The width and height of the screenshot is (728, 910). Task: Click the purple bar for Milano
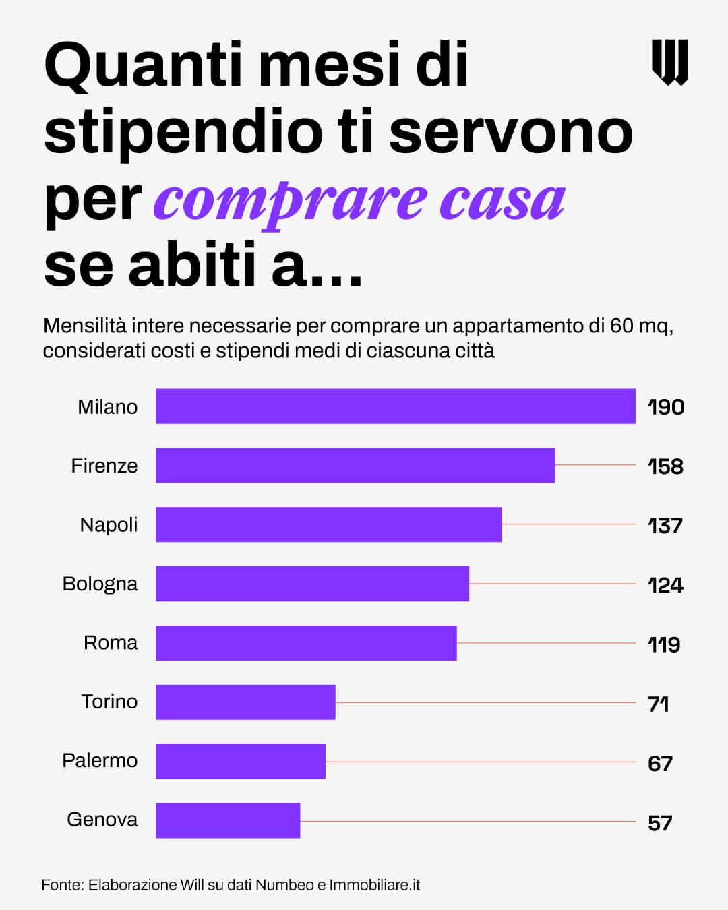click(x=396, y=406)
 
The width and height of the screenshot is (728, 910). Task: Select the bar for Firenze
click(x=355, y=465)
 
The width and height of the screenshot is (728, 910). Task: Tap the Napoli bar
click(x=329, y=524)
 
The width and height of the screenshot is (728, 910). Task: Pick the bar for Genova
click(x=228, y=820)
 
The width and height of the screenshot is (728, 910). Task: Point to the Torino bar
click(x=245, y=702)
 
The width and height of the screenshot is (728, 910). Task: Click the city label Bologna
click(x=100, y=584)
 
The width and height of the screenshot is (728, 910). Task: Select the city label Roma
click(x=111, y=643)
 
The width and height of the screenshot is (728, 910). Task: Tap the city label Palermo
click(x=100, y=761)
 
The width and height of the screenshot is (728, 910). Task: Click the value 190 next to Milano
click(x=666, y=407)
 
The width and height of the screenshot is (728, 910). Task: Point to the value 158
click(x=665, y=466)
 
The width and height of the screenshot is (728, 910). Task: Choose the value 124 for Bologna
click(x=665, y=585)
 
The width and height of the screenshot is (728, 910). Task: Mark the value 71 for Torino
click(x=658, y=704)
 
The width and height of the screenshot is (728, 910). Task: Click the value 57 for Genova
click(x=660, y=823)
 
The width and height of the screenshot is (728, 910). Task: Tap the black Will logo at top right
click(x=669, y=62)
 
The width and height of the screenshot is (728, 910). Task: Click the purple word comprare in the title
click(x=291, y=201)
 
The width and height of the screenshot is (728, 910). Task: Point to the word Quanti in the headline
click(x=143, y=65)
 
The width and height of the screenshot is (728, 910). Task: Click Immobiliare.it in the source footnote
click(x=374, y=885)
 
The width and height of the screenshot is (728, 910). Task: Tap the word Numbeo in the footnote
click(x=284, y=885)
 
